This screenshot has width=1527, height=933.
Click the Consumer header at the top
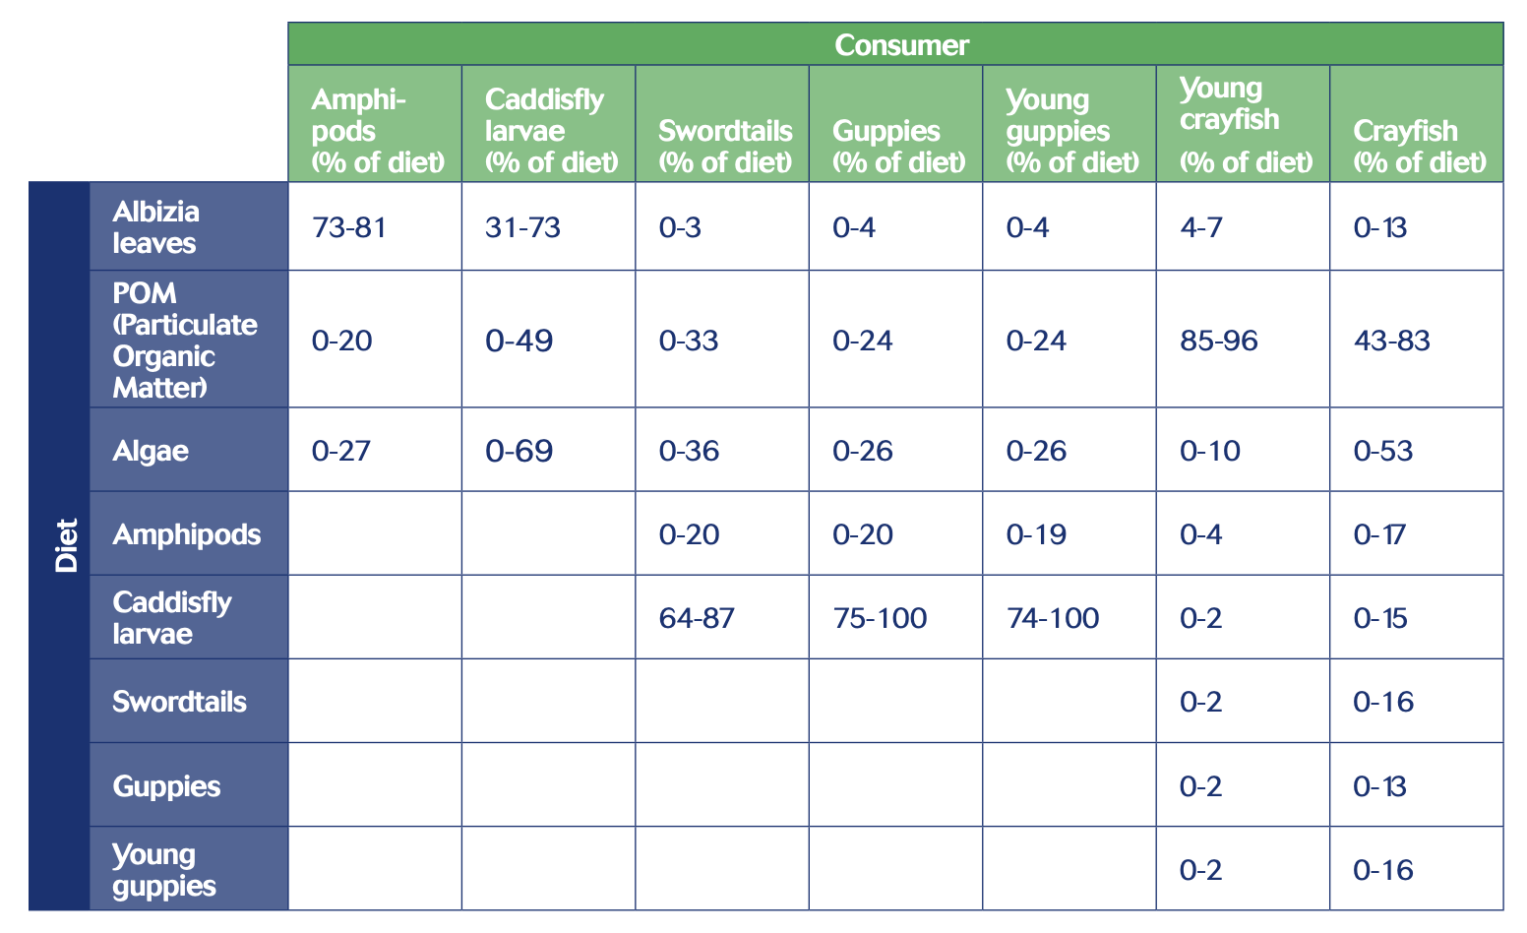tap(901, 45)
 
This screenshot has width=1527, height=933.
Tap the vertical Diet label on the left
tap(66, 545)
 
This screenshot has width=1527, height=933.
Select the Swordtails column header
tap(725, 146)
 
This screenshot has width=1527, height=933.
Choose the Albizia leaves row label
tap(156, 227)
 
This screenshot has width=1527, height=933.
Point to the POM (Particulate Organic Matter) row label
tap(184, 341)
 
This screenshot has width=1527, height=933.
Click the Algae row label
tap(151, 452)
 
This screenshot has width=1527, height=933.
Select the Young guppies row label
tap(163, 870)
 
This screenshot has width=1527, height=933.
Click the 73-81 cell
tap(349, 228)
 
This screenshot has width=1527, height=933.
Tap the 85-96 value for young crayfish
tap(1219, 342)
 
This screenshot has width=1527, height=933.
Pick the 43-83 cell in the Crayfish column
tap(1392, 342)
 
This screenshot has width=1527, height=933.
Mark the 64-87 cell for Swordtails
tap(697, 619)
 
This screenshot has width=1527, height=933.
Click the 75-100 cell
tap(880, 619)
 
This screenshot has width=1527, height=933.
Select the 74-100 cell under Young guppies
tap(1053, 619)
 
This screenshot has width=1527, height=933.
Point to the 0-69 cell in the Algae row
tap(519, 452)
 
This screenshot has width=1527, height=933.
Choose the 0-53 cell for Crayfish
tap(1383, 452)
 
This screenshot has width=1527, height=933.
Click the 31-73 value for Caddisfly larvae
tap(523, 228)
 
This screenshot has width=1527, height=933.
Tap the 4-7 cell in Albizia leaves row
tap(1200, 228)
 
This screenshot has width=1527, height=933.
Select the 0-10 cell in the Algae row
tap(1210, 452)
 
